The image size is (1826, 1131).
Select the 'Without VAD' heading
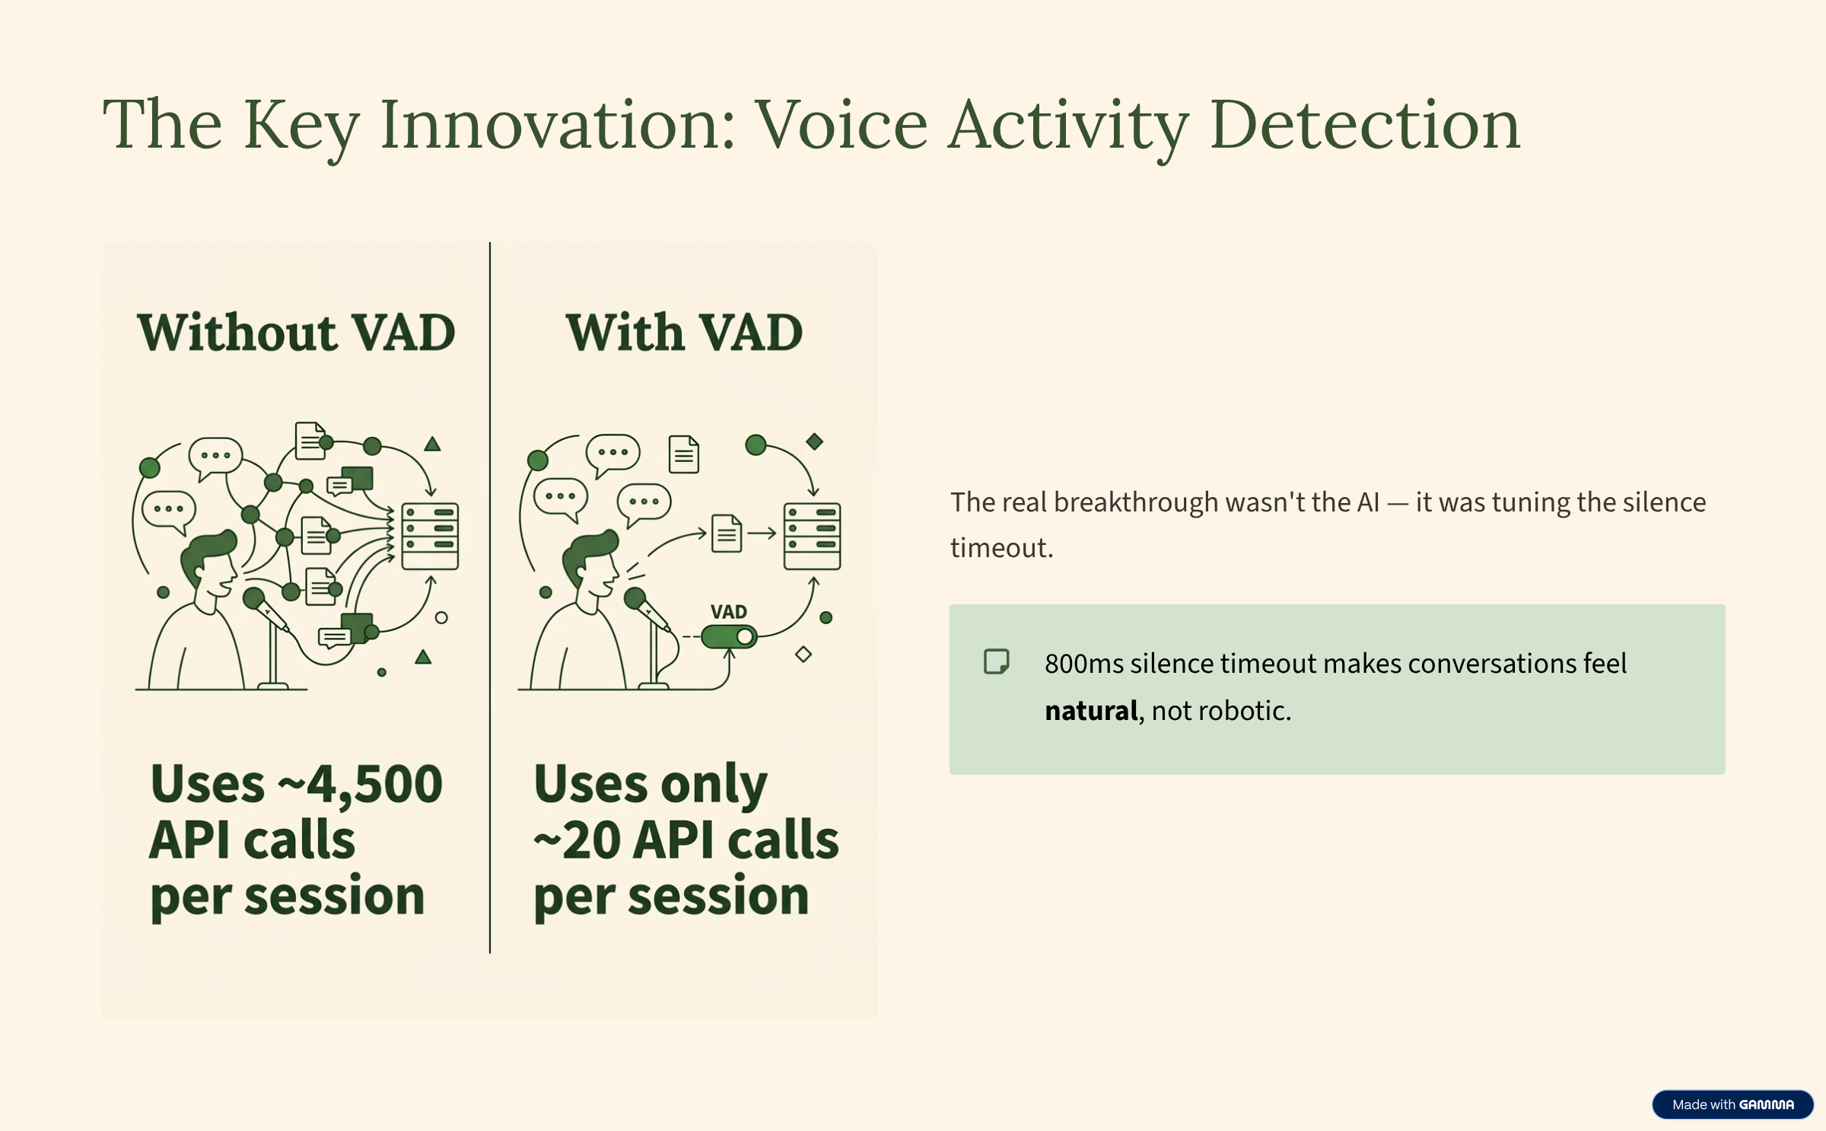[297, 333]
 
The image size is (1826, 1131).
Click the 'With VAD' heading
[684, 333]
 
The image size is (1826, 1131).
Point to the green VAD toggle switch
[729, 636]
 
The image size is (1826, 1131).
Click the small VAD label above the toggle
[728, 612]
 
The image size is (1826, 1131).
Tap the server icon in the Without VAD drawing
[430, 536]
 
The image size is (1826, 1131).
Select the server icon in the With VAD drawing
[813, 536]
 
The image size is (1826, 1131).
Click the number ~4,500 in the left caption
[361, 784]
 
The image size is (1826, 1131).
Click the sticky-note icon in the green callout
[997, 661]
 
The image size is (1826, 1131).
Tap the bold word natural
[1091, 711]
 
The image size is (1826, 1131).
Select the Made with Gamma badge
[1732, 1104]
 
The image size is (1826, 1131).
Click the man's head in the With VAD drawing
[591, 564]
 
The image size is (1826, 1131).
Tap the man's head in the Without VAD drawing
[209, 564]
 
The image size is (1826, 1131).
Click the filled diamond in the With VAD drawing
[815, 441]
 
